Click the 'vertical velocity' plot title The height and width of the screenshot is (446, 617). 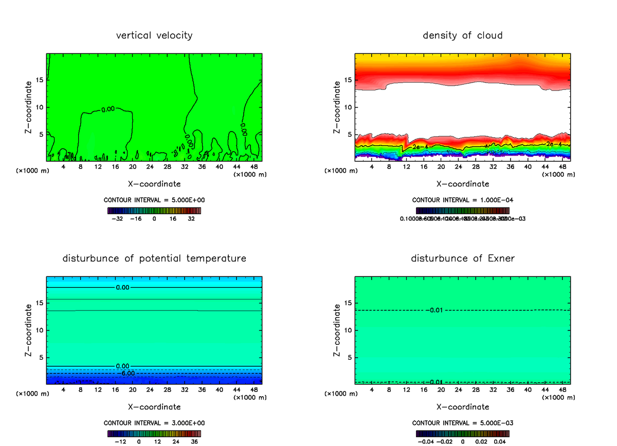(154, 35)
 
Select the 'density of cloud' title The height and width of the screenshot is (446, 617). (463, 35)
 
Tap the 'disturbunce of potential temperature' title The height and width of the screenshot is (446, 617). (154, 258)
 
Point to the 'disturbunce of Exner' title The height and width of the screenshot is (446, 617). (463, 258)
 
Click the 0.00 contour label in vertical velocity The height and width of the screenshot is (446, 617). (108, 109)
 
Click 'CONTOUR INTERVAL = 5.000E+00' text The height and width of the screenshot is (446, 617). (154, 200)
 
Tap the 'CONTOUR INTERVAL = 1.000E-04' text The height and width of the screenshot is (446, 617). (463, 200)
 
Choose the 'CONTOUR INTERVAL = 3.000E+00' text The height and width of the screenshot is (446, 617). (154, 423)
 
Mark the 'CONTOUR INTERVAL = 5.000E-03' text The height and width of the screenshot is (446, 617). (463, 423)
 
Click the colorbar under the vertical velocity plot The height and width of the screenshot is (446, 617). (154, 210)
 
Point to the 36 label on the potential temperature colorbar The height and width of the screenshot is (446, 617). (194, 441)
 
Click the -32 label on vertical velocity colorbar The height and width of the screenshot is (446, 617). (118, 218)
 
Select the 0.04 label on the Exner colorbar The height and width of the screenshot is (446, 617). (499, 441)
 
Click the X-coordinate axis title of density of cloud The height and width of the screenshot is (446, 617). (463, 183)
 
